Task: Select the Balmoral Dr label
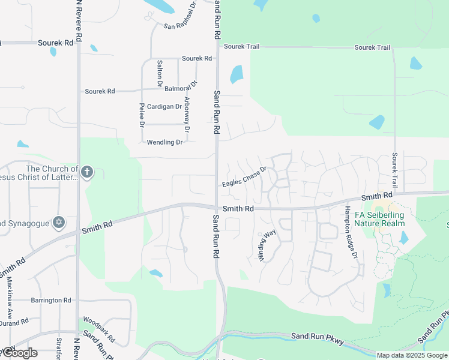tap(181, 86)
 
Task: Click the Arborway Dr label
tap(187, 115)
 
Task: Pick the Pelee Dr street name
tap(142, 115)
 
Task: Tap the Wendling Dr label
tap(164, 142)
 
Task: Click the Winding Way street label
tap(267, 244)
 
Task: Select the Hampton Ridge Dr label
tap(351, 233)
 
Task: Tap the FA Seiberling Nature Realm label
tap(379, 219)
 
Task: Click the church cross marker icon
tap(87, 173)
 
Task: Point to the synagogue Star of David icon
tap(59, 223)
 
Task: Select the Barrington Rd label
tap(50, 300)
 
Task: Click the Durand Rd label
tap(14, 322)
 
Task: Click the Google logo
tap(19, 353)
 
